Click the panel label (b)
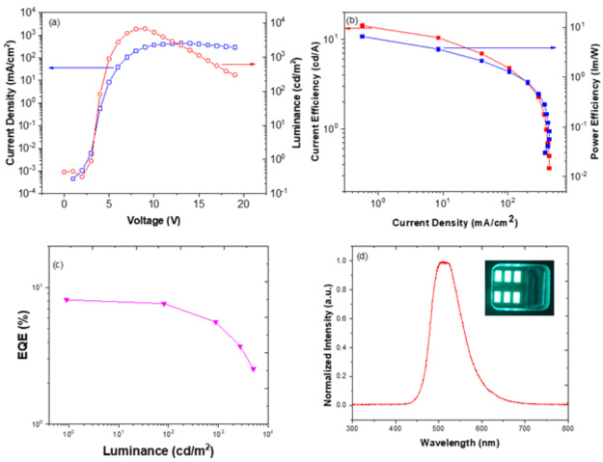(352, 19)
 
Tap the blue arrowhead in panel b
(553, 47)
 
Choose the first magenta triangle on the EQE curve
(67, 300)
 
